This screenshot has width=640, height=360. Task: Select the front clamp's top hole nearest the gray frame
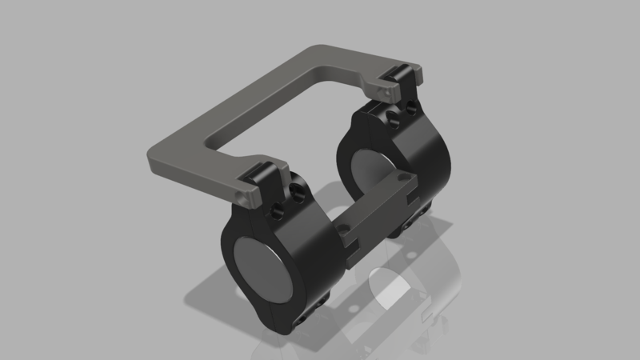276,210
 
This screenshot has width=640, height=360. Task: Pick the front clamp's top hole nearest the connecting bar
298,192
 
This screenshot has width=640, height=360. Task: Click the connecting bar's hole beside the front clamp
343,228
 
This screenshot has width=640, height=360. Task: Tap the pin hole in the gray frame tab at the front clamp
242,194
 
